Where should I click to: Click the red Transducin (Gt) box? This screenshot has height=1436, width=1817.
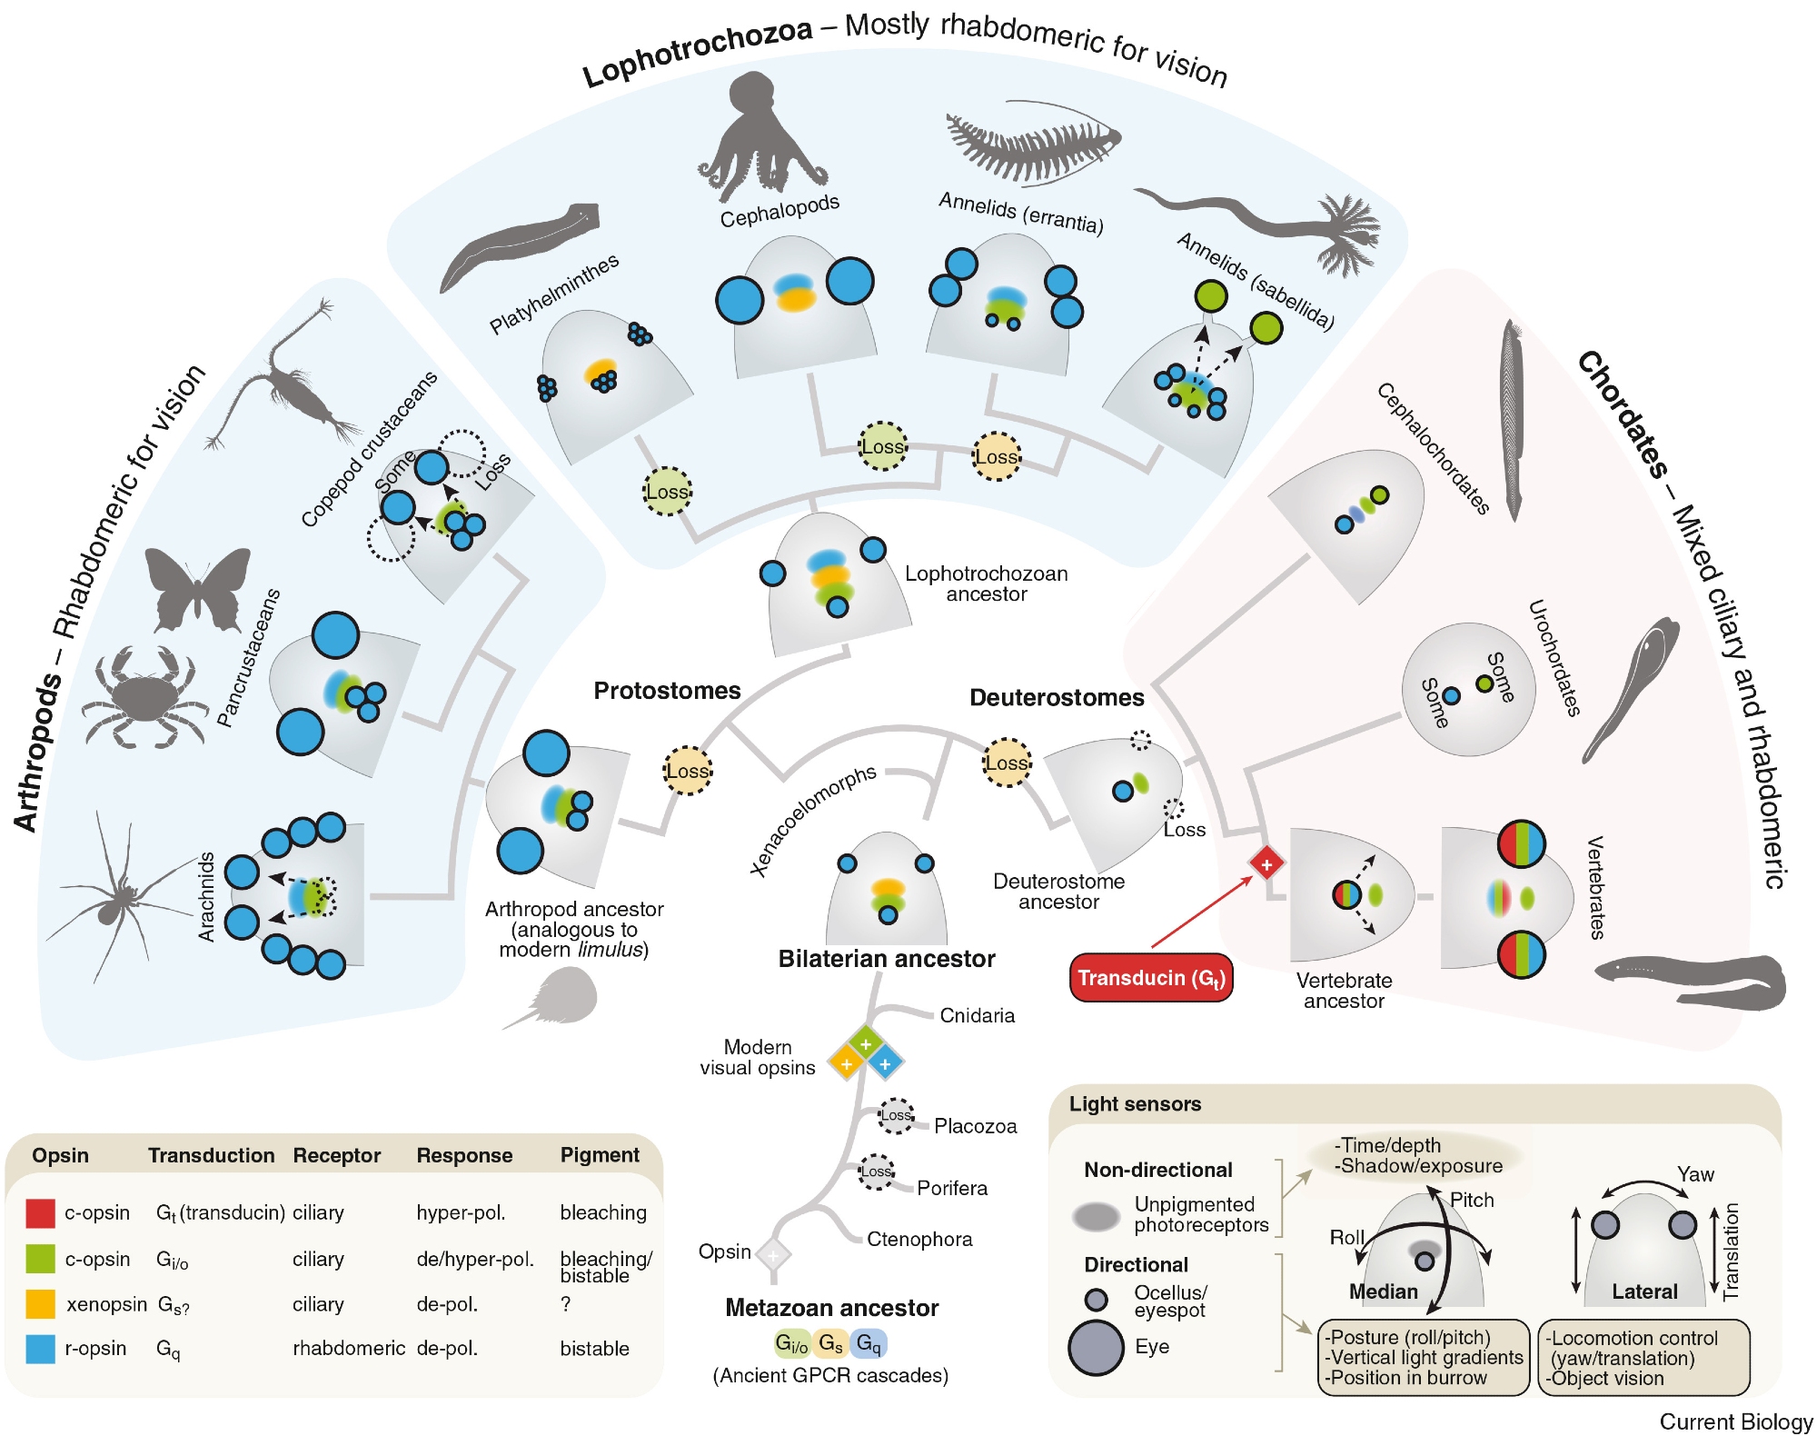[x=1150, y=978]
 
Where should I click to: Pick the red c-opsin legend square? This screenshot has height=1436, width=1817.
[x=41, y=1212]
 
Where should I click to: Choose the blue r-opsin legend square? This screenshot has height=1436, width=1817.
[x=41, y=1349]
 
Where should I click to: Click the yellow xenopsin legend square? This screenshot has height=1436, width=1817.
[x=41, y=1304]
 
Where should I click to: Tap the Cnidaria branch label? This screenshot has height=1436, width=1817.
[x=977, y=1015]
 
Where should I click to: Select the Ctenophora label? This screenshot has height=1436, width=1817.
[x=918, y=1239]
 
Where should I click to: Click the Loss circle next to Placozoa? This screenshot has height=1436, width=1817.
[x=896, y=1115]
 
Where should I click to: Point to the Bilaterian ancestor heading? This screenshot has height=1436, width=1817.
[x=886, y=959]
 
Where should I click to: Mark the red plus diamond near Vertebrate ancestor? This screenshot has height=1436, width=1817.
[x=1266, y=863]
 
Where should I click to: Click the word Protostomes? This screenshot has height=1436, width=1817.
[x=667, y=691]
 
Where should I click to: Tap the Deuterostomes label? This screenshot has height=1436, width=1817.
[x=1056, y=697]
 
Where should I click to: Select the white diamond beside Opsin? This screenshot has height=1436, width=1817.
[x=773, y=1255]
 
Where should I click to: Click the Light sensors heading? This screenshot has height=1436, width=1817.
[x=1135, y=1103]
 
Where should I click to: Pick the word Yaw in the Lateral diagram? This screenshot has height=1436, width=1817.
[x=1695, y=1173]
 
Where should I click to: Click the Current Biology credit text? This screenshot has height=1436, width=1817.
[x=1735, y=1421]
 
